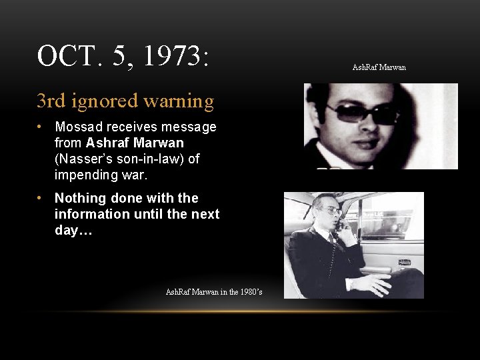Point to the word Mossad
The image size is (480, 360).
click(x=79, y=127)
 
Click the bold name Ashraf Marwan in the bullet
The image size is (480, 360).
click(x=135, y=143)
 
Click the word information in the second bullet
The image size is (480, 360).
click(x=91, y=214)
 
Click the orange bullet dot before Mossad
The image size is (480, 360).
click(x=41, y=127)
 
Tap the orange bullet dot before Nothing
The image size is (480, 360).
click(x=41, y=198)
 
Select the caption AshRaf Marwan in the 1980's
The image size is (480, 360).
click(x=213, y=292)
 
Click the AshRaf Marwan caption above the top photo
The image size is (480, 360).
click(x=379, y=67)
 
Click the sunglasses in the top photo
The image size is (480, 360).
click(x=364, y=113)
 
